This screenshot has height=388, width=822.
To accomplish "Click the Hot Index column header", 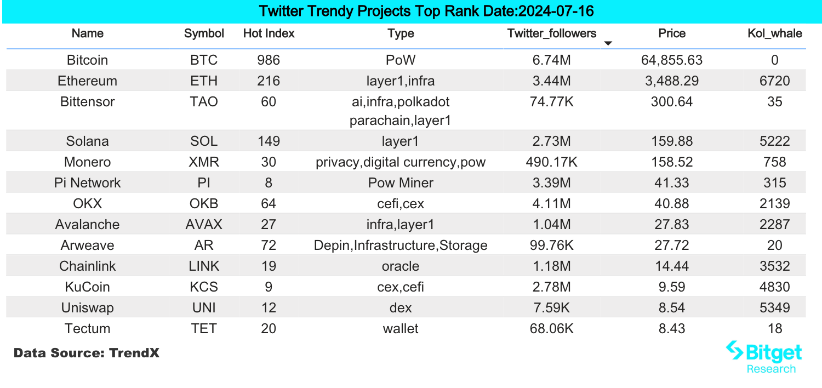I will coord(269,33).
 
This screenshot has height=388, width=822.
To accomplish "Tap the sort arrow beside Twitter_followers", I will coord(608,43).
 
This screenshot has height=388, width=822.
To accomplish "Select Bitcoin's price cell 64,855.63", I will coord(672,60).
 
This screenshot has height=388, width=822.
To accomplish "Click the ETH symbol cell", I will coord(204,81).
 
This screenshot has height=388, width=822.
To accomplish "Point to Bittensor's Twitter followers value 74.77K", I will coord(551,102).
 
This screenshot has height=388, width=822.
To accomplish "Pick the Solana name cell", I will coord(87,141).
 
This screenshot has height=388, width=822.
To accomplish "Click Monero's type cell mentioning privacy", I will coord(400,162).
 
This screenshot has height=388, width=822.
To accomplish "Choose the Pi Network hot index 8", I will coord(269,183).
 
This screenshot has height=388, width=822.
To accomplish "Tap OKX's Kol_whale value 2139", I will coord(774,204).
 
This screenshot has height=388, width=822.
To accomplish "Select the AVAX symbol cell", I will coord(204,225).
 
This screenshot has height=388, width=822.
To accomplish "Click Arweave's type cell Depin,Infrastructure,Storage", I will coord(400,246).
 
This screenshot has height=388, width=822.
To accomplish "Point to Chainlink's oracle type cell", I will coord(400,266).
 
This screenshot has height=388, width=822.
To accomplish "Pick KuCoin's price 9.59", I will coord(672,287).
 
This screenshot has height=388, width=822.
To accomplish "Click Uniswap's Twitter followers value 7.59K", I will coord(551,308).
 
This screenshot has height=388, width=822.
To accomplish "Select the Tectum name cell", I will coord(87,329).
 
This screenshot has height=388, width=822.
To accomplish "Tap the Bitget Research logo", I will coord(764,357).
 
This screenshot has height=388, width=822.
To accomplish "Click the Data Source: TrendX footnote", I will coord(87,353).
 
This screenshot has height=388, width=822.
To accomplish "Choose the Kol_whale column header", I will coord(774,33).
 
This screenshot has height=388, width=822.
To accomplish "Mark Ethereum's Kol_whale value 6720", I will coord(774,81).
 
